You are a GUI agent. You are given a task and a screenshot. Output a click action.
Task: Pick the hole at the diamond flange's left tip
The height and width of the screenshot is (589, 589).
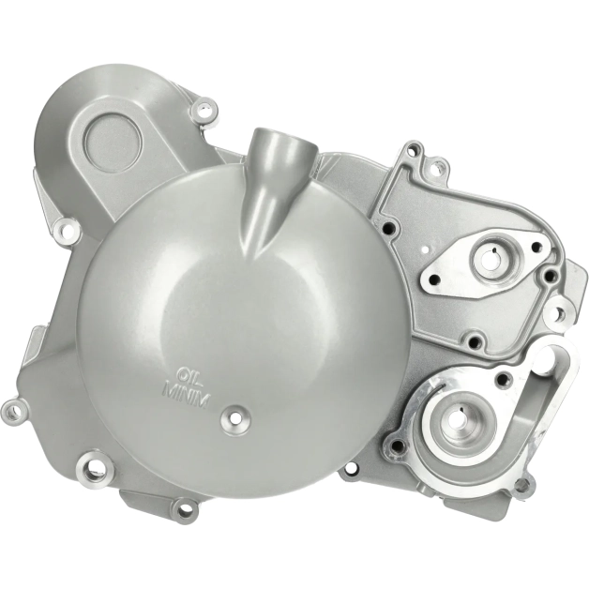tap(434, 278)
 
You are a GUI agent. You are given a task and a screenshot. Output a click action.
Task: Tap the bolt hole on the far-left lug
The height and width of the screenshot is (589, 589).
tap(12, 408)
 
